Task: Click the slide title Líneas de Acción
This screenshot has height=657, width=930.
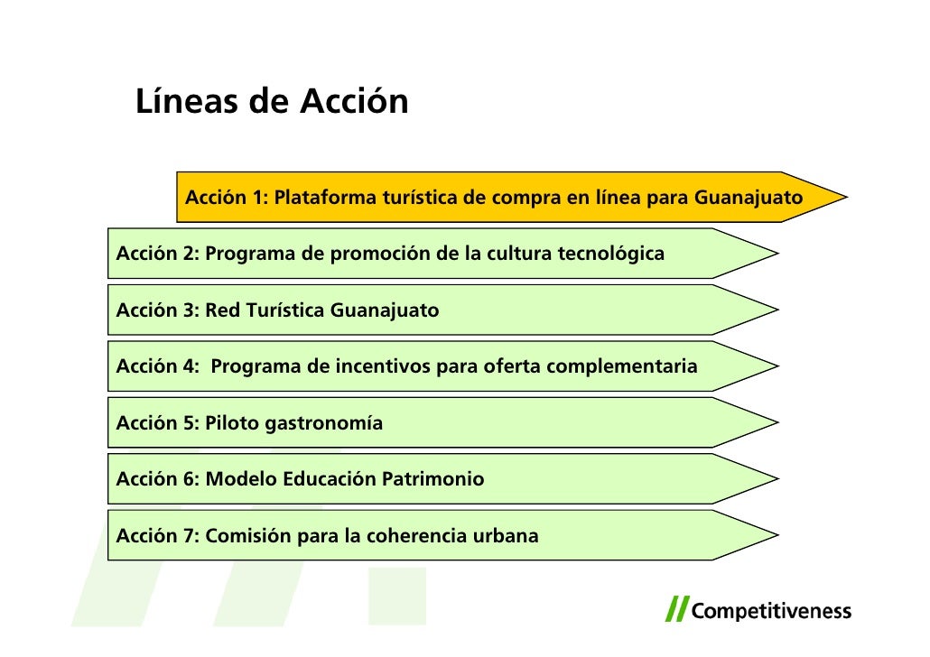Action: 272,102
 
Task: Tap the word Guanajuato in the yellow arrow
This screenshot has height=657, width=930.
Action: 748,197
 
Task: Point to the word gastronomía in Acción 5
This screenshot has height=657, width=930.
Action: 323,423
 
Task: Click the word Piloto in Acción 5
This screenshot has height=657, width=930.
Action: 232,423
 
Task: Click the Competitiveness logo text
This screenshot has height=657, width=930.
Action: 771,612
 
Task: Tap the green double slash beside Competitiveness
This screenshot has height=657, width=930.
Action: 676,609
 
